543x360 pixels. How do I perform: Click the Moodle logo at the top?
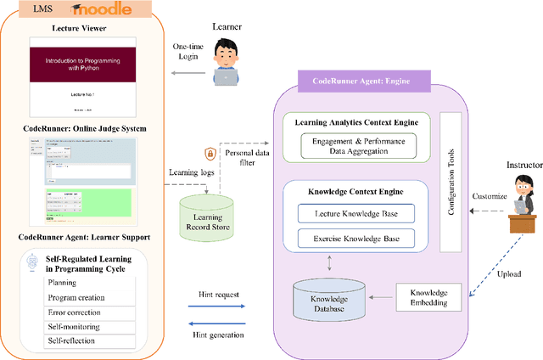pos(101,9)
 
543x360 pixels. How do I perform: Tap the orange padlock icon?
pos(210,155)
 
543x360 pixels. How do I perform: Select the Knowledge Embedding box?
pos(428,297)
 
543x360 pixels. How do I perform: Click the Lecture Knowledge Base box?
pos(351,213)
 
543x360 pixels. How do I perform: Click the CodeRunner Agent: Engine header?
pos(365,85)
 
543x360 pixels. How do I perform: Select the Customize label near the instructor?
pos(489,196)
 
